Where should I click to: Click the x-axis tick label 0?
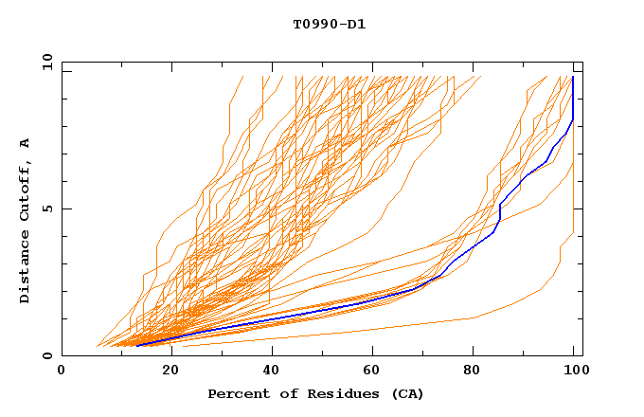click(x=62, y=371)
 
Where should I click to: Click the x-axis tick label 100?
click(x=574, y=371)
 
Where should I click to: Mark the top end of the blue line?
click(x=573, y=77)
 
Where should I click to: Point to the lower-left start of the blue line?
click(x=136, y=345)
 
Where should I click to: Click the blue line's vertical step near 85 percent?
click(x=499, y=213)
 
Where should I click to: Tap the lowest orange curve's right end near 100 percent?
click(x=573, y=232)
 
